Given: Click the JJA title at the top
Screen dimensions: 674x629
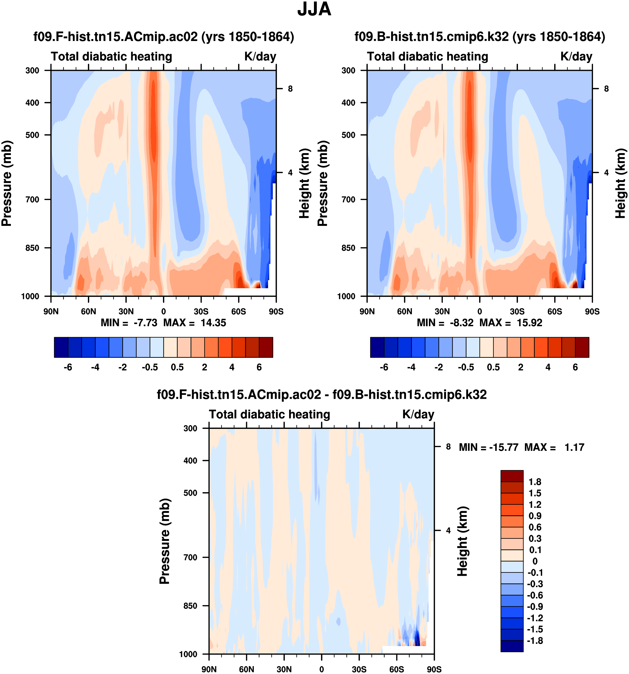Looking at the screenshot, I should [314, 9].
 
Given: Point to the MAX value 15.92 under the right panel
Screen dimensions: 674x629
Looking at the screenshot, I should [529, 322].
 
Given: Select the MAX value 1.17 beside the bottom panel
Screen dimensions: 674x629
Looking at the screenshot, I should [574, 447].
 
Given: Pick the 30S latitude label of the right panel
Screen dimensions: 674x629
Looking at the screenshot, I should [517, 311].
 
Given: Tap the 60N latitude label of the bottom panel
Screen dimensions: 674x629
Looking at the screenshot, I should [246, 669].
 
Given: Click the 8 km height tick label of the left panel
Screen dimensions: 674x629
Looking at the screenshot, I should [290, 89].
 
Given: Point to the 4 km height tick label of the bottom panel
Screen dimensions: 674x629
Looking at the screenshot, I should [448, 531].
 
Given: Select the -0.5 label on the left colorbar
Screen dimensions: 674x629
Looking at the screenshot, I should [150, 367].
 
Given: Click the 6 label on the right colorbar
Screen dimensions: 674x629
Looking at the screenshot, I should [575, 367].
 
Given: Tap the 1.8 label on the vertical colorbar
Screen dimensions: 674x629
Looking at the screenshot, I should [535, 482].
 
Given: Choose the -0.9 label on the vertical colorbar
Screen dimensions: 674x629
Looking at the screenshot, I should [535, 607].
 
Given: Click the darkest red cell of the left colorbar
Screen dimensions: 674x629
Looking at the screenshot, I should [266, 347].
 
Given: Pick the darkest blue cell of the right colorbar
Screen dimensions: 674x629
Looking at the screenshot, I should [377, 347].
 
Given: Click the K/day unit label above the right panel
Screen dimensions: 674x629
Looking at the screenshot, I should [576, 56].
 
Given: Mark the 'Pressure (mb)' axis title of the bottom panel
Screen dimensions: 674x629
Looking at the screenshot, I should [165, 542].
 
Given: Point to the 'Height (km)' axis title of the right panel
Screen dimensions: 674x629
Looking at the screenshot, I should [620, 183].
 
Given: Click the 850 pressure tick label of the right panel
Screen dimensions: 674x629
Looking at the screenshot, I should [349, 248].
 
